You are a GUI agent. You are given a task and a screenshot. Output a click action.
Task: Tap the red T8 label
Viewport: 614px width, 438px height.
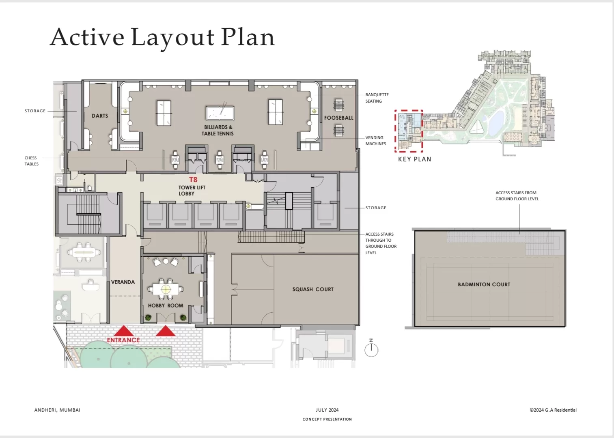coord(193,180)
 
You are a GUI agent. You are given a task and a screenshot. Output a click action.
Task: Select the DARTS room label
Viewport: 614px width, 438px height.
coord(100,116)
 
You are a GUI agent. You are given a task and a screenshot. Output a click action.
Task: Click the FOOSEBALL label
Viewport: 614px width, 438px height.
coord(339,118)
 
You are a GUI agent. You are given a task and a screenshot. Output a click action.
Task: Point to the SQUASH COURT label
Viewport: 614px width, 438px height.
coord(313,289)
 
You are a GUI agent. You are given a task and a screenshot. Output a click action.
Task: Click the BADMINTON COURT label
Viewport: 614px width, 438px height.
coord(484,284)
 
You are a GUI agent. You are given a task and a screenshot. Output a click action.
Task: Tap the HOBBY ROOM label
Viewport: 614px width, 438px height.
coord(166,305)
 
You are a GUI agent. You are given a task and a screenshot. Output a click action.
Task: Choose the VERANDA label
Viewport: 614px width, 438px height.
coord(123,282)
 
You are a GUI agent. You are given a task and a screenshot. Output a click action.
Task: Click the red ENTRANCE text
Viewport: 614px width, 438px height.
coord(123,340)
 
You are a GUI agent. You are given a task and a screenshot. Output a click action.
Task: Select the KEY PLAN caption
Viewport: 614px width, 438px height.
coord(415,159)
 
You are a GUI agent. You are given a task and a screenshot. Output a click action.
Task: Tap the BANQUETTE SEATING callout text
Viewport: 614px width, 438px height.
coord(377,98)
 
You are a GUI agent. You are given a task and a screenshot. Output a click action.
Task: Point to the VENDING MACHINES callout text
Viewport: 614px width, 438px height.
coord(375,140)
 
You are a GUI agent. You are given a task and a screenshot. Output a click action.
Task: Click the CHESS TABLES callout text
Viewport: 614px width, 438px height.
coord(32,161)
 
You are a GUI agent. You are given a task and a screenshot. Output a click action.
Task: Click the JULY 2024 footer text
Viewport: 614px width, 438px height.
coord(327,410)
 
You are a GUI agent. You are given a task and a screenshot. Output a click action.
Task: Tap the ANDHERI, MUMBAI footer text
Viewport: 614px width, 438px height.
coord(57,410)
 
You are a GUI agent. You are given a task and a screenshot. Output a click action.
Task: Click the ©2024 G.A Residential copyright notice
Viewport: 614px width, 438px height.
coord(553,410)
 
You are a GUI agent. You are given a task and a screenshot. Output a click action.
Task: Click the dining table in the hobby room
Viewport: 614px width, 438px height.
coord(166,289)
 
